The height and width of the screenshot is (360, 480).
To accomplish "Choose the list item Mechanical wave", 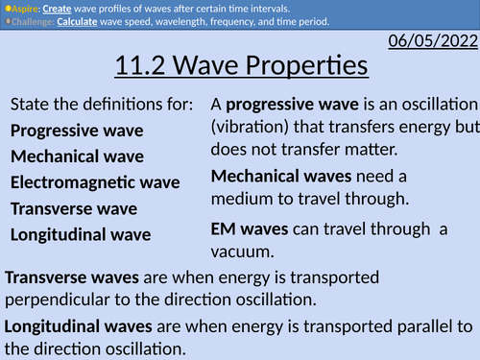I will pos(77,156).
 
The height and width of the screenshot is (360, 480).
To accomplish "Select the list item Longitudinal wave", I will pos(81,233).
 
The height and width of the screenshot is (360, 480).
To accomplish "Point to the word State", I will pos(32,104).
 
